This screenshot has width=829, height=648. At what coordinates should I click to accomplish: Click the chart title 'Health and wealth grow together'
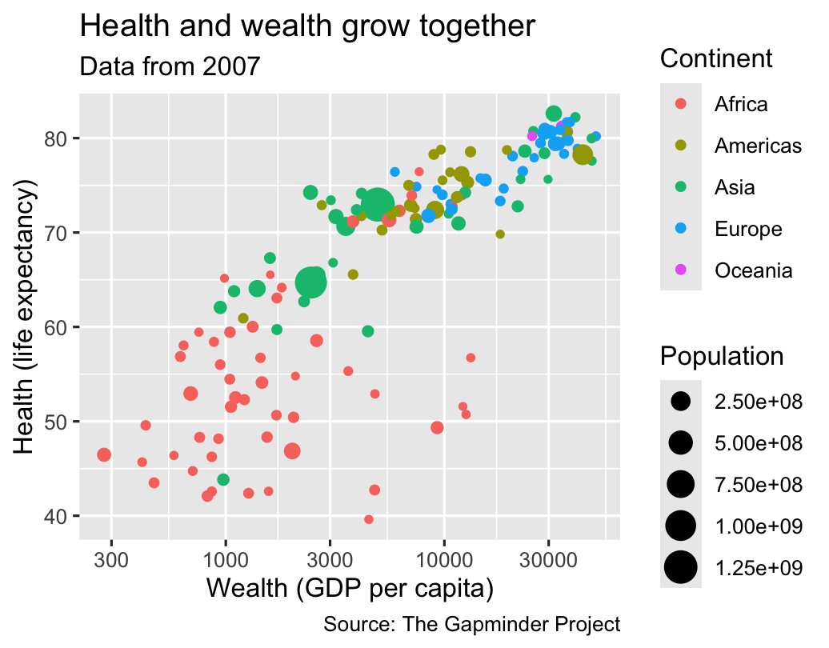307,27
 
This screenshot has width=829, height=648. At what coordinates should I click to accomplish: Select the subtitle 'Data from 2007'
170,66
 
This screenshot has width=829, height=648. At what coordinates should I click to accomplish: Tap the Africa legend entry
741,104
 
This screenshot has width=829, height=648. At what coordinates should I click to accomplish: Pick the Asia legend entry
735,187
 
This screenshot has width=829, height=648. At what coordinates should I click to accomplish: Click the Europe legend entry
748,229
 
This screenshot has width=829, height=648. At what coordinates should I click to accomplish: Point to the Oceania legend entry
754,270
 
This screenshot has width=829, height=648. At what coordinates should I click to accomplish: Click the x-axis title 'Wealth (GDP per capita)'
350,589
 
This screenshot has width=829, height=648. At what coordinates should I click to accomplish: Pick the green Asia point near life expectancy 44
223,479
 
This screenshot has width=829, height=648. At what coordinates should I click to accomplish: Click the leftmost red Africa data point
104,454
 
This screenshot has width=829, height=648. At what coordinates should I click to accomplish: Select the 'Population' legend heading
722,357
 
